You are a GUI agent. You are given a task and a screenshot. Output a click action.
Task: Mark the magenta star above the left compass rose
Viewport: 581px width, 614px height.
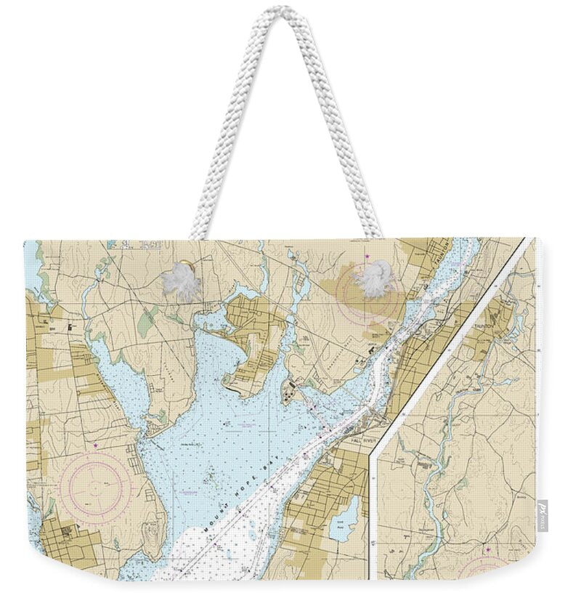(94, 444)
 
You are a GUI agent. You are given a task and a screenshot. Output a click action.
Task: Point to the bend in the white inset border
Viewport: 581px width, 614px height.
(373, 454)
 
